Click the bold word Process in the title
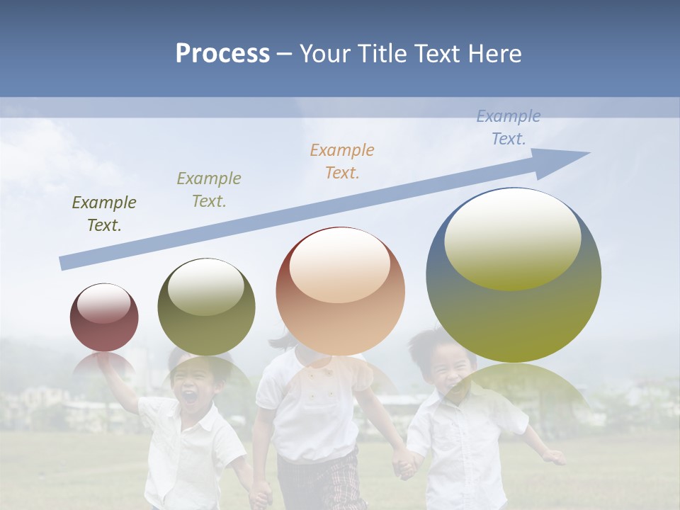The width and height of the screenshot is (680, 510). click(x=222, y=54)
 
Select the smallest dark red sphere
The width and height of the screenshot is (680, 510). click(x=104, y=317)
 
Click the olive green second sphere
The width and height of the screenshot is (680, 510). click(x=206, y=307)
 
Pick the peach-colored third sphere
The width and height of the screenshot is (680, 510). click(x=340, y=291)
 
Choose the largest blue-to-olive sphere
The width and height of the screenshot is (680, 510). click(x=514, y=275)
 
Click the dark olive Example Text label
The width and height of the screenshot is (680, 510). click(x=104, y=214)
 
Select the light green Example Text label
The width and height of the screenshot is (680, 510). click(x=208, y=190)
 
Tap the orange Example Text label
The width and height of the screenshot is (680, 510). click(x=342, y=161)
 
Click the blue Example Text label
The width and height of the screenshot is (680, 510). click(x=509, y=127)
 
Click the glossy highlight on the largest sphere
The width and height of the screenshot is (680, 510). click(x=512, y=239)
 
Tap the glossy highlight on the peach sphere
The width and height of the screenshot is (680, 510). click(x=339, y=266)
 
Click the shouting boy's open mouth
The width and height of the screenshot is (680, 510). click(x=191, y=397)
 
